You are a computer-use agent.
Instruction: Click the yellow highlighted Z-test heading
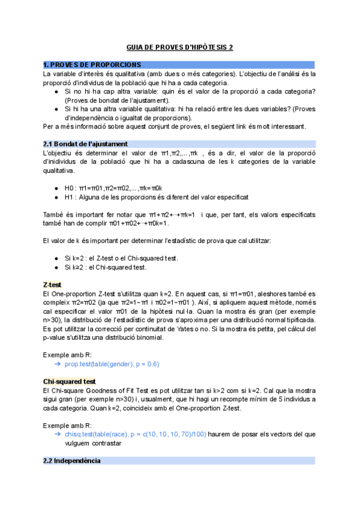(54, 283)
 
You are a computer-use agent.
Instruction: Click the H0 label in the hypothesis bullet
(69, 188)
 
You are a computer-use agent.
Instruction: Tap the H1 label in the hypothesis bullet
(69, 197)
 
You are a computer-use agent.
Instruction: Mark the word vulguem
(80, 443)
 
